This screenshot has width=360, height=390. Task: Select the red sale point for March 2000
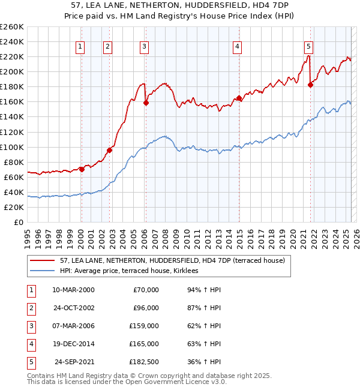tap(82, 169)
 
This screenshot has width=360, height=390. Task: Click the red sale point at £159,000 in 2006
tap(146, 103)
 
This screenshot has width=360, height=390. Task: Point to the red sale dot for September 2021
tap(310, 85)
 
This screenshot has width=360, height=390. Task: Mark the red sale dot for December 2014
tap(239, 98)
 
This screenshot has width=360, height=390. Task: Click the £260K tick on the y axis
tap(12, 27)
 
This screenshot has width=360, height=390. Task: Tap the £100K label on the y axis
tap(12, 147)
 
